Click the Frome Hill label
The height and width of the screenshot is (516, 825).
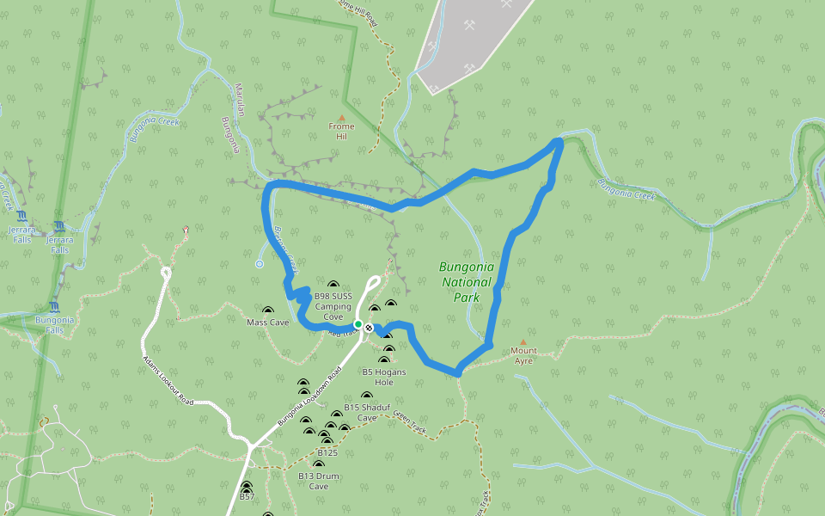[x=341, y=132]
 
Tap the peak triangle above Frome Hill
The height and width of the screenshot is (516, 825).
[x=341, y=118]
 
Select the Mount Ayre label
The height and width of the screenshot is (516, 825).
[x=523, y=355]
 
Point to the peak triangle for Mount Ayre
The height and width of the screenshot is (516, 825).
[x=522, y=341]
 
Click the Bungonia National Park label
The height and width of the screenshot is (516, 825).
[x=466, y=282]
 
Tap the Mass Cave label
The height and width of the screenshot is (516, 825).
[x=268, y=322]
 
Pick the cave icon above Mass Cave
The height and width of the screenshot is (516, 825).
[x=268, y=310]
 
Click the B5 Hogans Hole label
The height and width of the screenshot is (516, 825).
[x=383, y=377]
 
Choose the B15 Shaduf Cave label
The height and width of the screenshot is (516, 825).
[x=361, y=412]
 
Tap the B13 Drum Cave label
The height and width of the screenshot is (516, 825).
[x=319, y=481]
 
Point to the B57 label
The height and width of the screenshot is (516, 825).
[x=247, y=496]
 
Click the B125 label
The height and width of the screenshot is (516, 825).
[x=327, y=451]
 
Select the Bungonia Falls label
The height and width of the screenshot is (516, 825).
[x=55, y=324]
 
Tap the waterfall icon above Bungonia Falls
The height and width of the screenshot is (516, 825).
[x=55, y=307]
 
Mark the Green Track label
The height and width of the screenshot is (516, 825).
[x=410, y=422]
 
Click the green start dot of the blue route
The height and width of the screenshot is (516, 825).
[x=357, y=324]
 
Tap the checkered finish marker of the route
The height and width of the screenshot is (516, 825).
[x=369, y=328]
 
